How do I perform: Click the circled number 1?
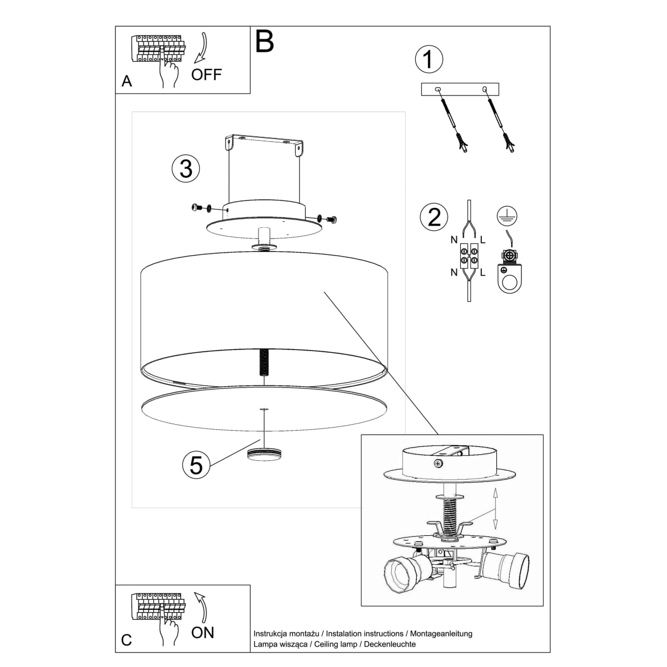429,60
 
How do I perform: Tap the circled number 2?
434,217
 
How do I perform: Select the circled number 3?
186,168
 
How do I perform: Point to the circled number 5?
196,464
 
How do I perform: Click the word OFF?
206,74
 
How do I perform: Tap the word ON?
202,632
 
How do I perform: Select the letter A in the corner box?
127,82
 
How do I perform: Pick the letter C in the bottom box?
127,640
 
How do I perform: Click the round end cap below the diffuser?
265,452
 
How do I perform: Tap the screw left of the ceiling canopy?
196,208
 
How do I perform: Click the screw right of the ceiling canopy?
331,219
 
